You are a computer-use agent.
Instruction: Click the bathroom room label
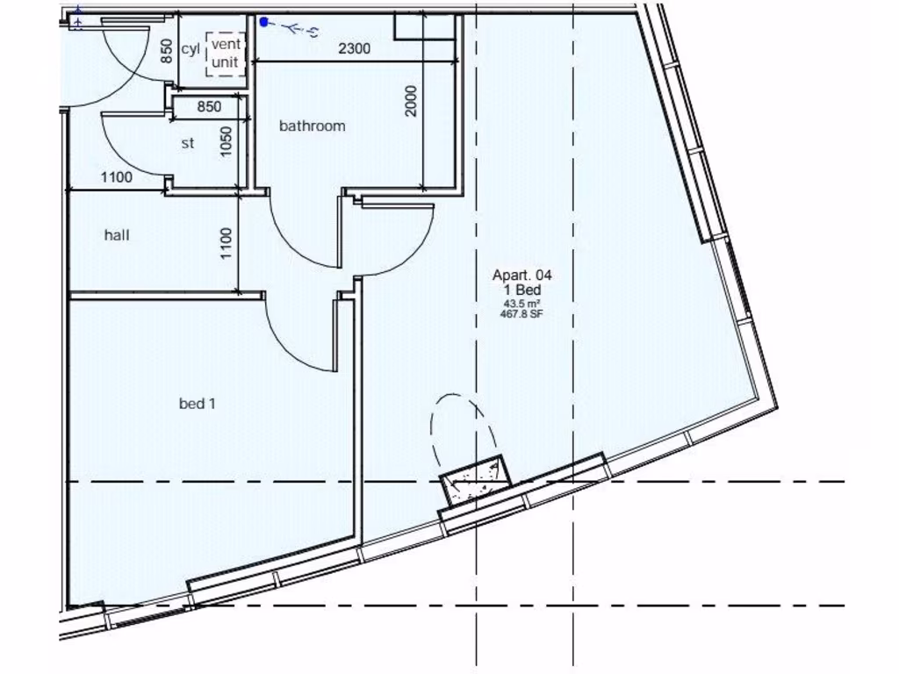tap(312, 125)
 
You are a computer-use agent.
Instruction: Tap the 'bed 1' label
tap(198, 404)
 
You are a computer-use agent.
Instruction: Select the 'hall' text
tap(117, 235)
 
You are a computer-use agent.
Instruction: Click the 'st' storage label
tap(187, 143)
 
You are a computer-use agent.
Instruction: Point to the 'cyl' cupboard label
tap(191, 49)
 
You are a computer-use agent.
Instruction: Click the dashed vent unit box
tap(225, 54)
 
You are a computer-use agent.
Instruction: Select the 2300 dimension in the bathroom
tap(354, 49)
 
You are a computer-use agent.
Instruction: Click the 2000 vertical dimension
tap(412, 100)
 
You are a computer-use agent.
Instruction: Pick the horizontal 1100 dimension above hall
tap(116, 177)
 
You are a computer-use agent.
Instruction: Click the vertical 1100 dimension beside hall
tap(226, 243)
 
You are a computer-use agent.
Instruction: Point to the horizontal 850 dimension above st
tap(208, 107)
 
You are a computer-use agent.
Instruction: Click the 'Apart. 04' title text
tap(521, 276)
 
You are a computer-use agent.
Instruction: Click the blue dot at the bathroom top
tap(263, 22)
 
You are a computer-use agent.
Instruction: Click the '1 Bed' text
tap(521, 290)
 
